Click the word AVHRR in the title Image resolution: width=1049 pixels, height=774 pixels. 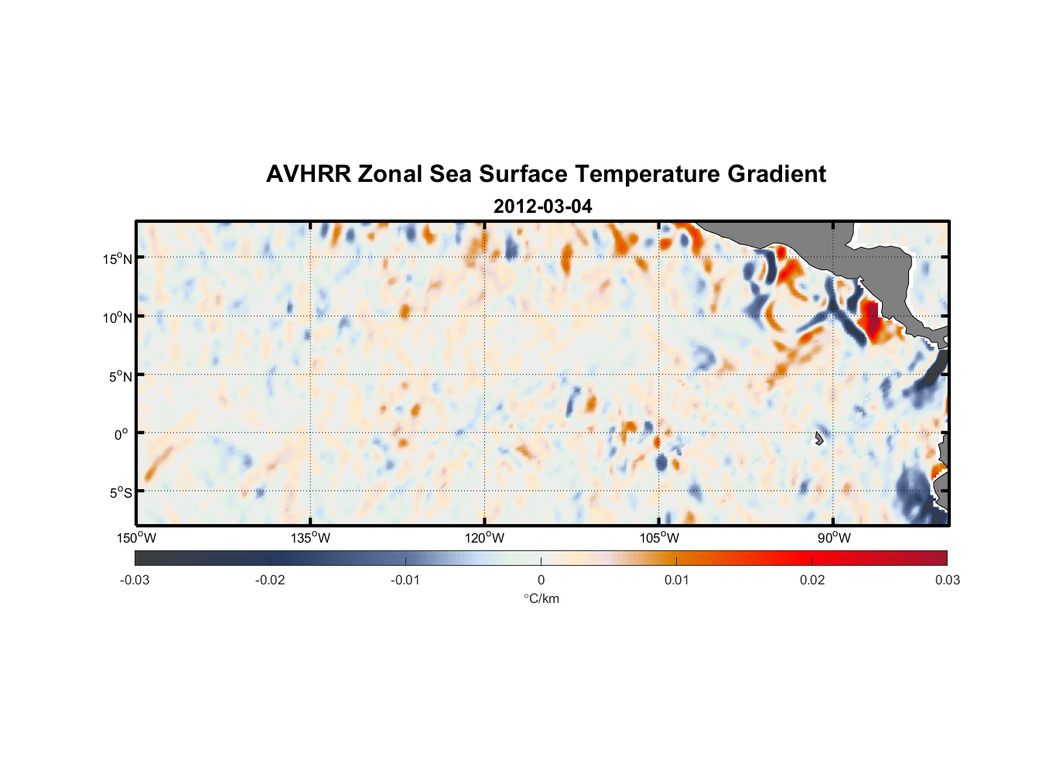[308, 174]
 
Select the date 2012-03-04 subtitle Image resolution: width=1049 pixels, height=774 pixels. [543, 207]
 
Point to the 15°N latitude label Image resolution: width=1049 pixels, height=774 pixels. [118, 259]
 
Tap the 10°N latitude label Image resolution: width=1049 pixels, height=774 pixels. [118, 317]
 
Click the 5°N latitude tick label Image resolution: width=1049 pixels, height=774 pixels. [120, 376]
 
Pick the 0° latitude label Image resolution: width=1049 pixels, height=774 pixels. [121, 435]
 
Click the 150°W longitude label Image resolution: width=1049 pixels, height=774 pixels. [136, 538]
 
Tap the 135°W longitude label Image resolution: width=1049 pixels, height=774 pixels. [310, 538]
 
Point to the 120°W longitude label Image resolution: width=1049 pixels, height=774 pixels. [484, 538]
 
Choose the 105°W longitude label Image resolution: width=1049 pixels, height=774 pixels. [659, 538]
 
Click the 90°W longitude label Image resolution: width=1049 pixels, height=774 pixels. [833, 538]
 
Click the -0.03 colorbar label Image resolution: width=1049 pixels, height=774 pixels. [135, 580]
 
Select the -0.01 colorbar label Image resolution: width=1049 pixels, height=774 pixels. [405, 580]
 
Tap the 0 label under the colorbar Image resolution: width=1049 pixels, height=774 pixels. [541, 580]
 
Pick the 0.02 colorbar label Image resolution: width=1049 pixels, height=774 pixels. [812, 580]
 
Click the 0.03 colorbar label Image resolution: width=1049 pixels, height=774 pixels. [947, 580]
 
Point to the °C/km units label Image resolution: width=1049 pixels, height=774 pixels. [542, 598]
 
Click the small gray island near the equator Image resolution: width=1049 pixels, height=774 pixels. [818, 439]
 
